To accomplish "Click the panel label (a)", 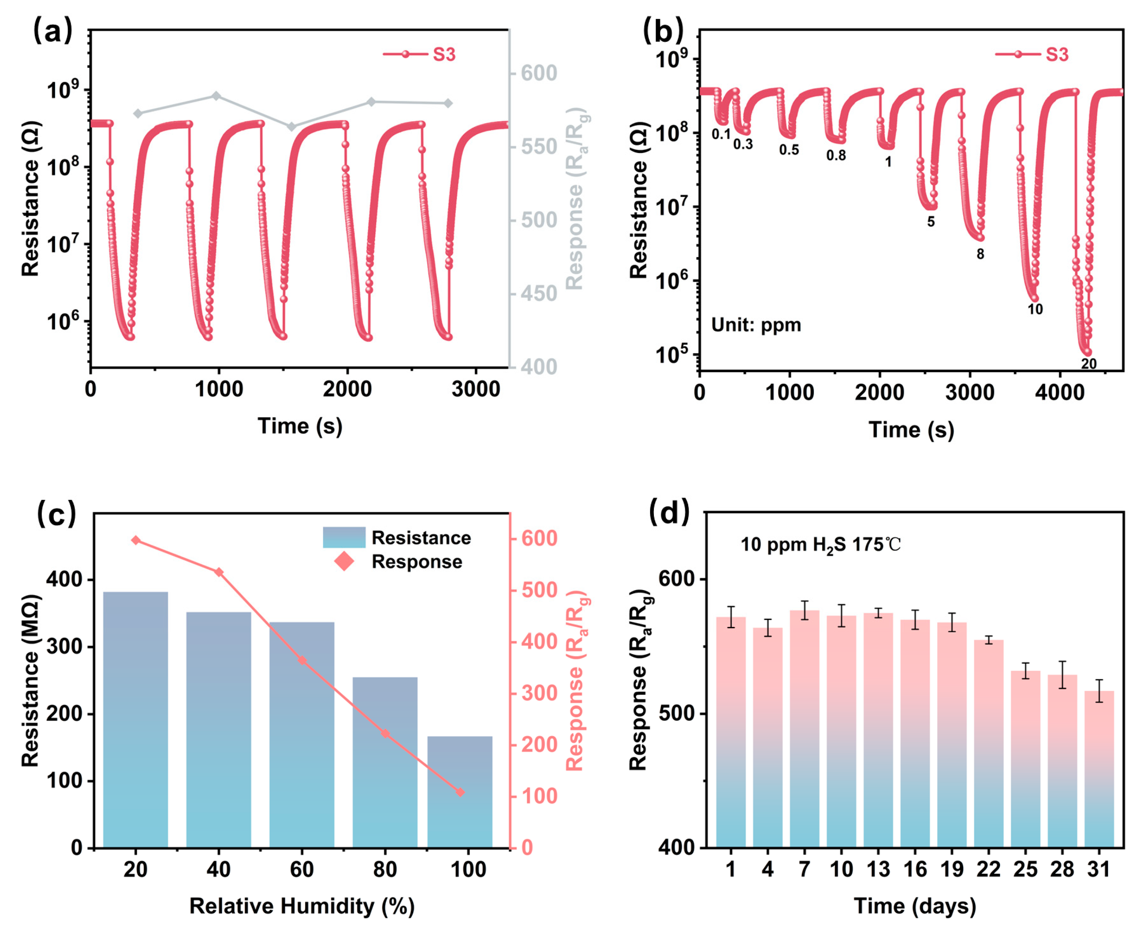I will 53,31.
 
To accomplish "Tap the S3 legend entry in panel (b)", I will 1031,55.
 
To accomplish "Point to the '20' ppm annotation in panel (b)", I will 1089,364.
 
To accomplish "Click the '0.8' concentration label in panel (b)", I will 836,155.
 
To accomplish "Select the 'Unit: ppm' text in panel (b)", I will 756,325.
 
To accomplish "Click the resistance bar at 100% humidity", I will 460,791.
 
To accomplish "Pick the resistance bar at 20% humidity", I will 135,719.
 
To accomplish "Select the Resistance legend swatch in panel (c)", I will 344,537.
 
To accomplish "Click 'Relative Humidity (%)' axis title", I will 302,906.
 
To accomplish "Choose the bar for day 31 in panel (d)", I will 1099,770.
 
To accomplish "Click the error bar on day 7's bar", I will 804,610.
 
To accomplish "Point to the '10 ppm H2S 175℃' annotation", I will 821,545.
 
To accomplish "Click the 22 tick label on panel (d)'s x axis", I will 988,870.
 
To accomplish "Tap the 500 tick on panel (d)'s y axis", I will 676,714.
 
